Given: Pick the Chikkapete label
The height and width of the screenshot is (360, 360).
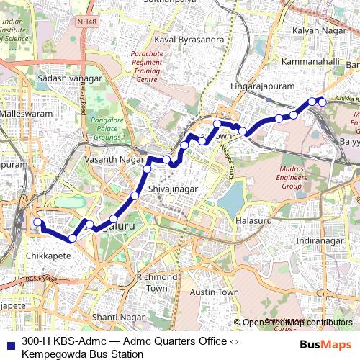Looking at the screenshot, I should [x=48, y=255].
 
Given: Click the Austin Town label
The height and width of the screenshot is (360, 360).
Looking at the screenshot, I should [x=214, y=292].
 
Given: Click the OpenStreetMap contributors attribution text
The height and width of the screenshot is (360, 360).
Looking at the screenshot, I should [x=297, y=323].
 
